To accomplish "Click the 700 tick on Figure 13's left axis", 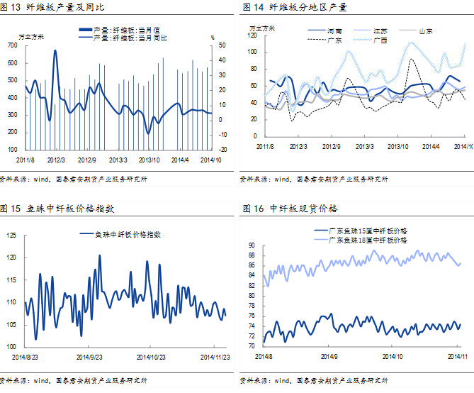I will (x=13, y=45).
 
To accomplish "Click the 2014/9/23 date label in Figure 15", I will (x=90, y=357).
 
